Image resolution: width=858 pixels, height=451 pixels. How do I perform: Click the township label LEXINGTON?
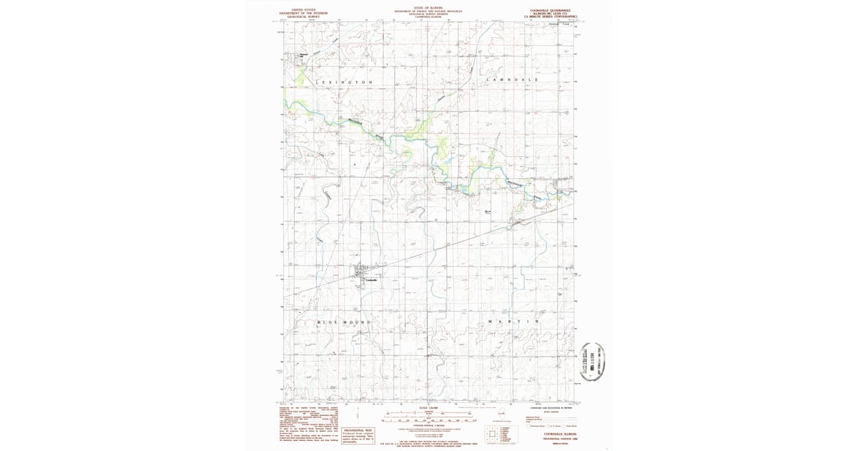click(x=344, y=82)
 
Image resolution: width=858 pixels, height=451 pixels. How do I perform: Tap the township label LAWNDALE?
click(x=512, y=79)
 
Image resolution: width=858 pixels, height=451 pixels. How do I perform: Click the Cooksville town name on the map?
click(x=371, y=280)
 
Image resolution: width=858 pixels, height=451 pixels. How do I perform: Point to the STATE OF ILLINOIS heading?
click(x=428, y=9)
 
